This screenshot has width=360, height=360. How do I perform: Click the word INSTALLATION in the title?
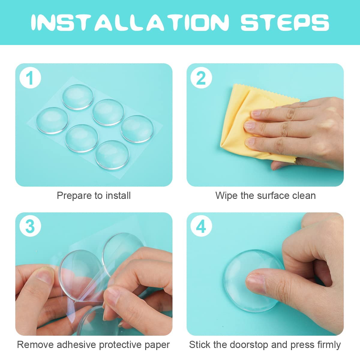point(130,22)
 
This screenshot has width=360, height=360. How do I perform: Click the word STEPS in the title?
point(285,22)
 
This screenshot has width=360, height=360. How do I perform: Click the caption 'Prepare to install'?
point(94,196)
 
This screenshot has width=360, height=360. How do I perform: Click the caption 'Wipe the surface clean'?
point(265,196)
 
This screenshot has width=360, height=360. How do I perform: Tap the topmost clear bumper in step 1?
point(78,97)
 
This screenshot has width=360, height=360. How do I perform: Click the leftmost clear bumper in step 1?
point(52,120)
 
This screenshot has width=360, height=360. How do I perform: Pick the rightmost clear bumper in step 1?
point(137,129)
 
